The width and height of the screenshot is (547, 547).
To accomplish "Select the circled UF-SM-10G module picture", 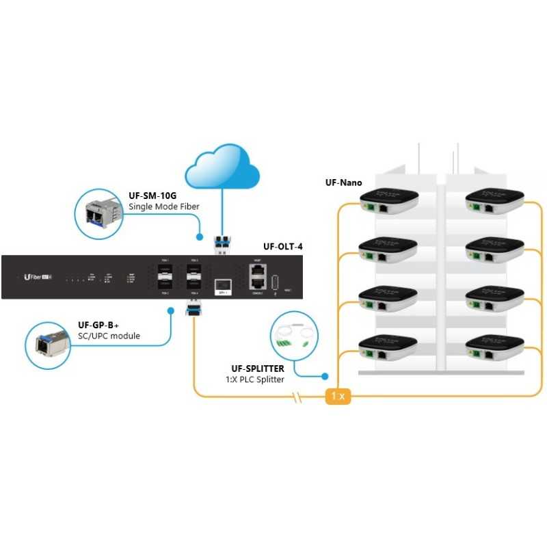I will point(98,209).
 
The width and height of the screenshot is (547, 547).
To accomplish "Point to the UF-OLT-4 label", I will point(283,247).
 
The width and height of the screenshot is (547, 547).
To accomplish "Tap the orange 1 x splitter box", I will point(338,397).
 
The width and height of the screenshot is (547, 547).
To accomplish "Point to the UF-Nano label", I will point(343,183).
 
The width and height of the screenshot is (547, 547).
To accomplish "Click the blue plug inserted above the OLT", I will point(223,243).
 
